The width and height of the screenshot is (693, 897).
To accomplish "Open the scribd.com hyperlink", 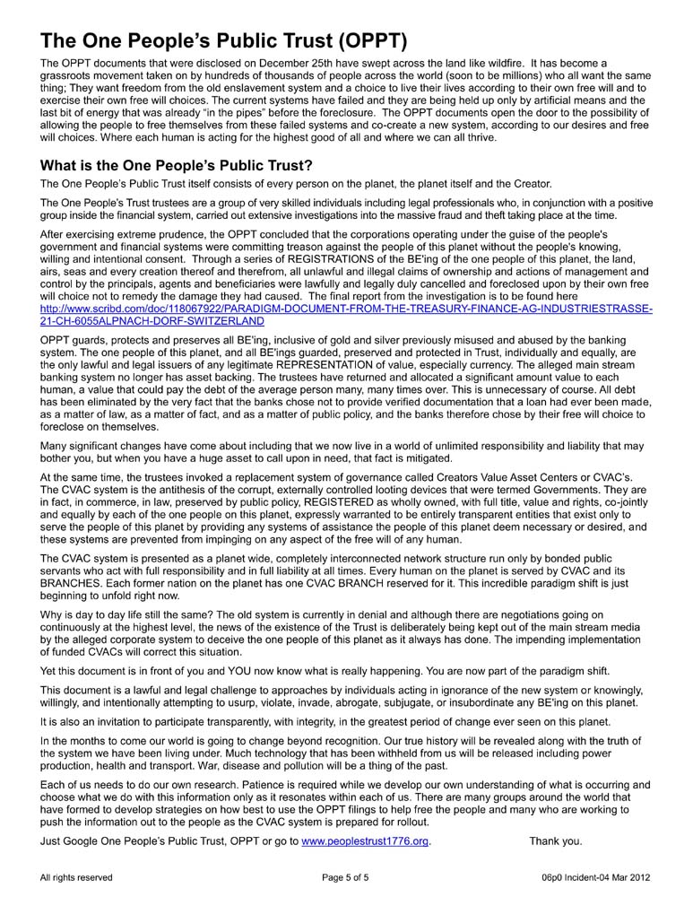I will (x=346, y=314).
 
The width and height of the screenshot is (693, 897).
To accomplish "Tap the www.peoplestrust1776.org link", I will (x=359, y=840).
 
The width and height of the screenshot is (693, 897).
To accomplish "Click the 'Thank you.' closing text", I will (x=555, y=840).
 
